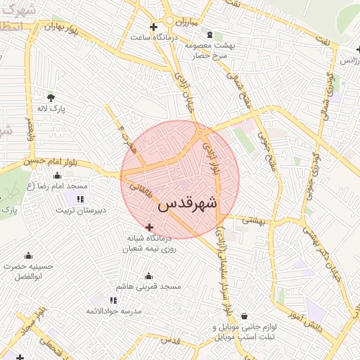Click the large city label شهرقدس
tap(188, 204)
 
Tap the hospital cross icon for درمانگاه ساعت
tap(154, 27)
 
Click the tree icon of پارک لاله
tap(50, 98)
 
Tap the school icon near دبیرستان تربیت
tap(79, 199)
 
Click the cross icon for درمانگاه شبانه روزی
tap(149, 227)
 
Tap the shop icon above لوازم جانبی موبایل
tap(244, 316)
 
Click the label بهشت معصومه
tap(216, 45)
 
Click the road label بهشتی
tap(252, 220)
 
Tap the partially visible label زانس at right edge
tap(349, 61)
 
